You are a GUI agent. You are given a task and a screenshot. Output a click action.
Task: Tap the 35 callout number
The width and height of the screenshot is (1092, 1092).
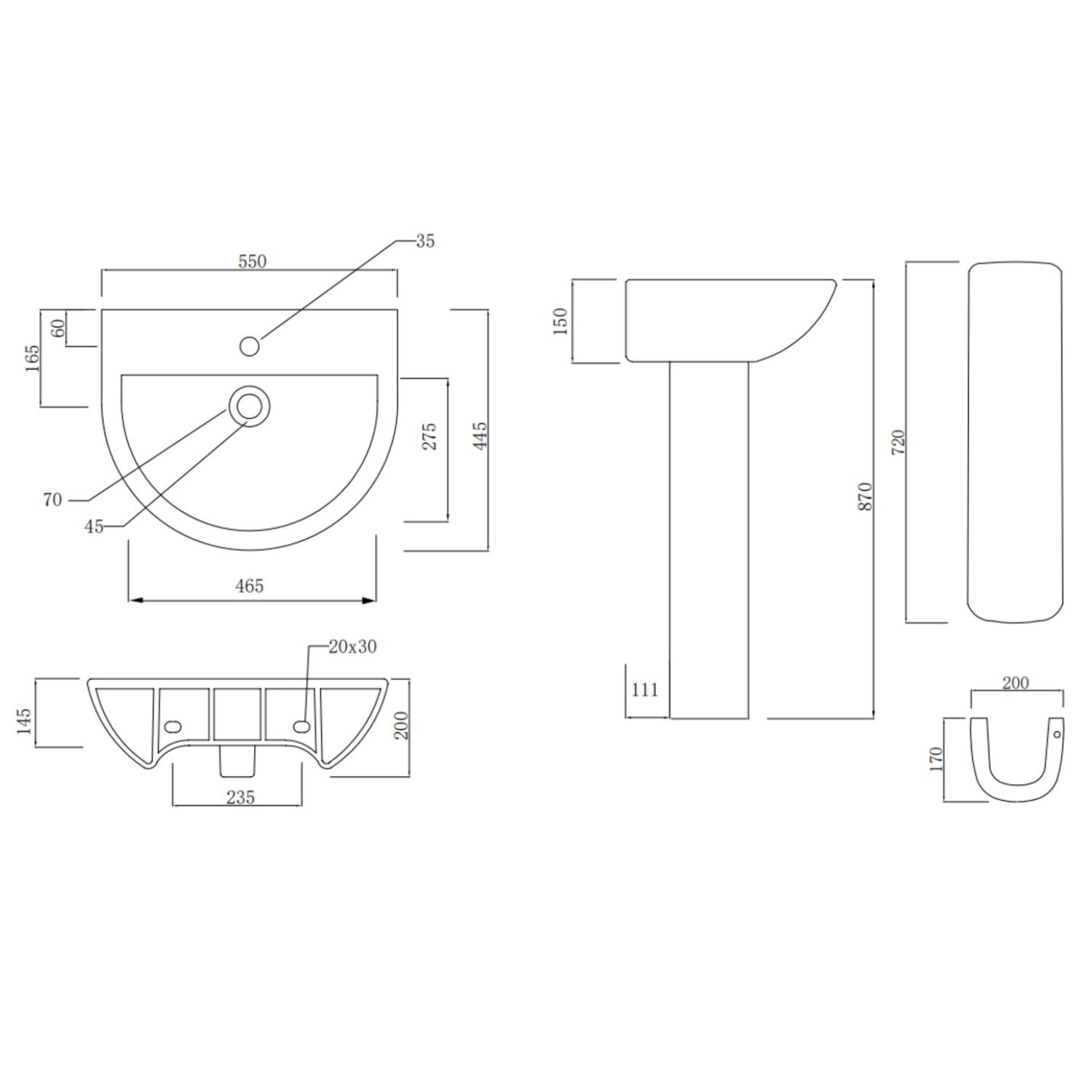pyautogui.click(x=425, y=241)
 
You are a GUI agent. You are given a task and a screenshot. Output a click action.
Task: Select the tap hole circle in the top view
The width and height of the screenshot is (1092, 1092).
pyautogui.click(x=250, y=346)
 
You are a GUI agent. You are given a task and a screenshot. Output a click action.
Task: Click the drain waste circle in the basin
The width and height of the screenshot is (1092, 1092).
pyautogui.click(x=250, y=406)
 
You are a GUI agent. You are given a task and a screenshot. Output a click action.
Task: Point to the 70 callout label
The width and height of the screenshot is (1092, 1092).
pyautogui.click(x=53, y=500)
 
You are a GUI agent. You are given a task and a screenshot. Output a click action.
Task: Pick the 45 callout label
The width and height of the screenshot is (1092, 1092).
pyautogui.click(x=94, y=526)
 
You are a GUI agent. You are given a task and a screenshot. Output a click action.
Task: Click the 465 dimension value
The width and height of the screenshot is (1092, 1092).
pyautogui.click(x=250, y=585)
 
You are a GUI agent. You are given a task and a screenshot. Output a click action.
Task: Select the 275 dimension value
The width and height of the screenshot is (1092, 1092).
pyautogui.click(x=429, y=436)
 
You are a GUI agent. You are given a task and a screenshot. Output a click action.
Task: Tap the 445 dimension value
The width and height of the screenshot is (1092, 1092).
pyautogui.click(x=480, y=436)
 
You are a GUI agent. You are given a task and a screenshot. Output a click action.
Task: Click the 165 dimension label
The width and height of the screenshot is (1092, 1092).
pyautogui.click(x=32, y=358)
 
